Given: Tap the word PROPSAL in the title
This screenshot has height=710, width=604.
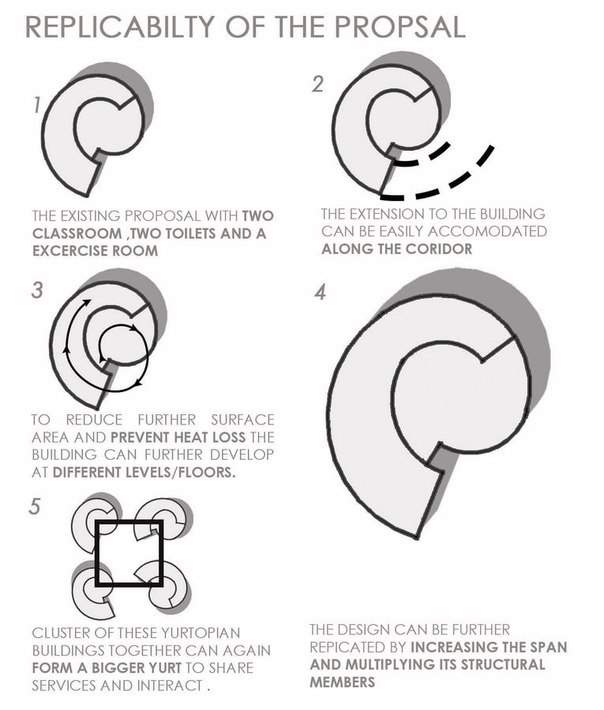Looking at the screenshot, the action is [x=400, y=27].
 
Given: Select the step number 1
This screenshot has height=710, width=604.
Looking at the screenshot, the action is [x=37, y=105].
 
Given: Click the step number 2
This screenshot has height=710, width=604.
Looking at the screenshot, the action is [x=317, y=84].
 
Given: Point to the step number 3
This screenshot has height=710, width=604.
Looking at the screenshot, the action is [x=37, y=290].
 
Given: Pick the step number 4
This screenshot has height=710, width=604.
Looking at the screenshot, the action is [x=321, y=292].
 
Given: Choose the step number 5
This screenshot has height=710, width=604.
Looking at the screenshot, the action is [x=35, y=506].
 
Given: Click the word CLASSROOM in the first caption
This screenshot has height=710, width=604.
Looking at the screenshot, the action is [x=77, y=234].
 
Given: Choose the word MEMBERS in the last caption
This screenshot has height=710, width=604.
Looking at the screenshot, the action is [x=343, y=682].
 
